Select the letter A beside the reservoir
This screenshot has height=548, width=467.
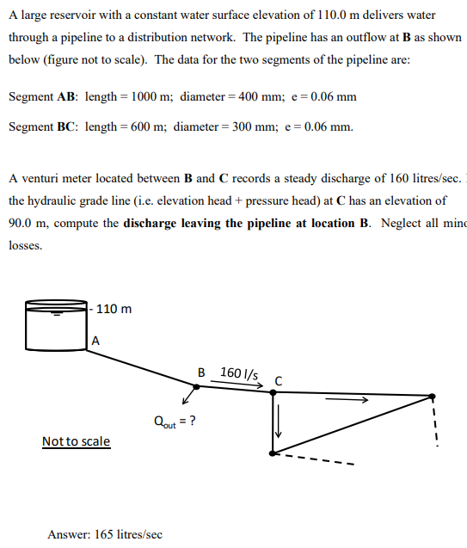[95, 340]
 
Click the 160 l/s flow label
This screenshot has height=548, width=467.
[240, 373]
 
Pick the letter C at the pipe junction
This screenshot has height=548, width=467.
[279, 380]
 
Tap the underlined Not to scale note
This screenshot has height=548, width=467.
[76, 441]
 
